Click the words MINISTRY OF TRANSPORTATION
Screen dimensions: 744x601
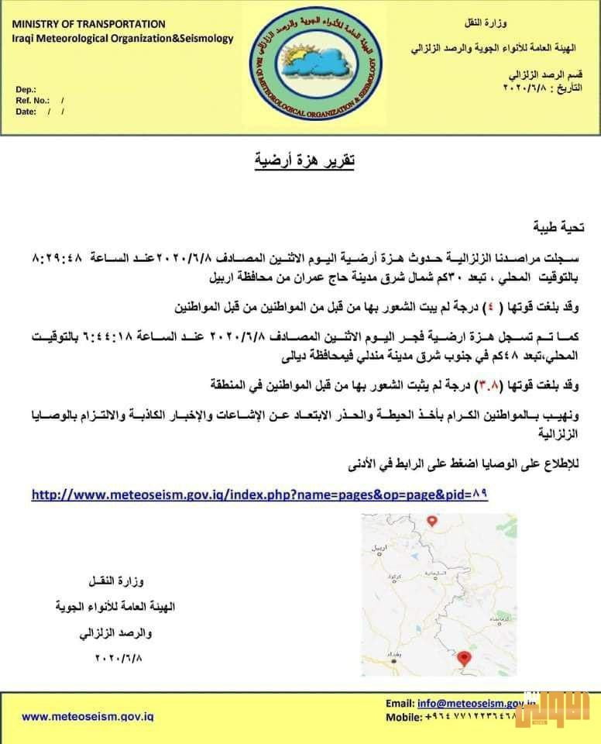(88, 25)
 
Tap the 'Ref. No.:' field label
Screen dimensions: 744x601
(33, 100)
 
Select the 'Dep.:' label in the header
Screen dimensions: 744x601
(26, 89)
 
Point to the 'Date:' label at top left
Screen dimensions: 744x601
(26, 112)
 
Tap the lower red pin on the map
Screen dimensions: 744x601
(464, 658)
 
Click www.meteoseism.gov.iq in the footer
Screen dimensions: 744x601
(87, 717)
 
